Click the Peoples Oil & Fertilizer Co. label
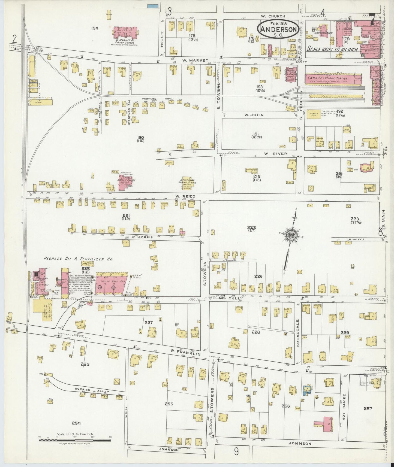tap(77, 259)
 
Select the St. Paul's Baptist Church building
tap(124, 181)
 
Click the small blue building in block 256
tap(308, 389)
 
